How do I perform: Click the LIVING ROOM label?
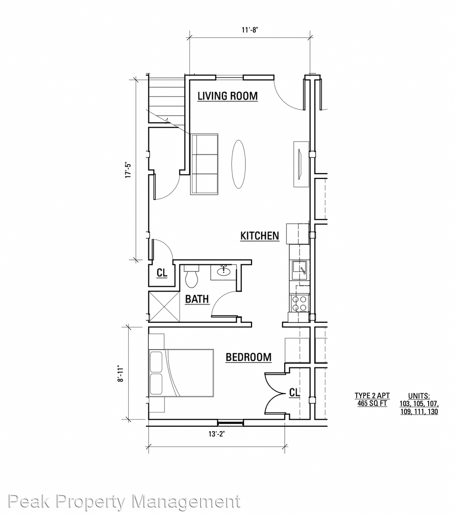click(x=227, y=96)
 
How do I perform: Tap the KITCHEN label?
click(x=260, y=236)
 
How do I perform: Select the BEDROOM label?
click(x=249, y=357)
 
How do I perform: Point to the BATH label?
click(x=197, y=299)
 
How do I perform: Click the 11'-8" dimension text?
click(x=250, y=30)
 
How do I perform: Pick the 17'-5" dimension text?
click(x=128, y=170)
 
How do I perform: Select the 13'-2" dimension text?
click(x=216, y=434)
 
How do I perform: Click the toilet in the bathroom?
click(x=192, y=276)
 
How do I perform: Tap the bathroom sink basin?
click(x=224, y=271)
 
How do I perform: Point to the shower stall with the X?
click(x=164, y=306)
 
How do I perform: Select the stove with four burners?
click(x=299, y=303)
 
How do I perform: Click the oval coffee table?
click(x=238, y=164)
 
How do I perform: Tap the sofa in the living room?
click(x=204, y=164)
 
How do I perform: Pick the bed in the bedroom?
click(x=181, y=373)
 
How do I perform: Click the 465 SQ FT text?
click(x=372, y=403)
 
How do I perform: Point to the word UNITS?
click(x=419, y=396)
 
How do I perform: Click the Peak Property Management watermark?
click(x=124, y=502)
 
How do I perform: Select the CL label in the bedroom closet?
click(x=294, y=392)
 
